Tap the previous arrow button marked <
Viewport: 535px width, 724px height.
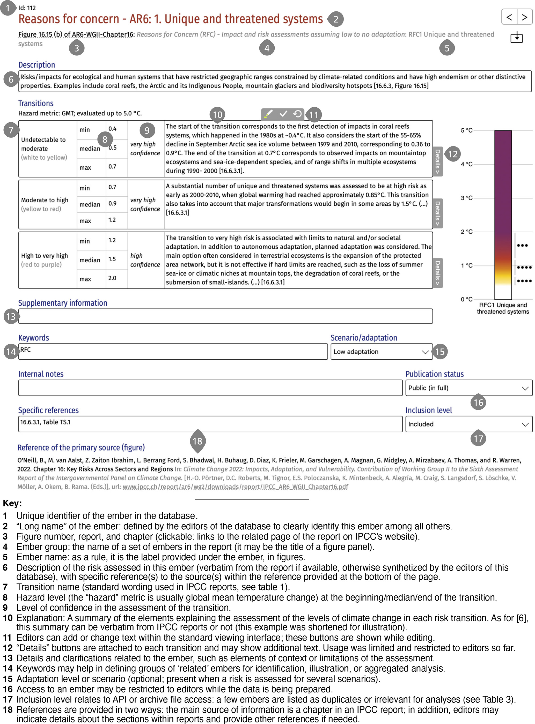[x=509, y=17]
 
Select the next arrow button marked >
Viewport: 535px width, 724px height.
[x=524, y=17]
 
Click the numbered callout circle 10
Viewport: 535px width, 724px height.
[x=217, y=114]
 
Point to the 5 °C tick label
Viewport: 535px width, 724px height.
[x=466, y=130]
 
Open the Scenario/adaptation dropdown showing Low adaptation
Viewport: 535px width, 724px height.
[x=381, y=352]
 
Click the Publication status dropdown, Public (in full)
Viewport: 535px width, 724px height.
[x=468, y=388]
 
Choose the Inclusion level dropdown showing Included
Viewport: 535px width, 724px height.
[x=468, y=424]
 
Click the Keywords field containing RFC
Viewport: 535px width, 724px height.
[x=173, y=352]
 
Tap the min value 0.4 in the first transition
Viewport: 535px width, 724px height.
[x=112, y=129]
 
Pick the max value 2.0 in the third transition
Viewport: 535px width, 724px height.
[x=112, y=278]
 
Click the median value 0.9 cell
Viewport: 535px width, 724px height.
[x=112, y=204]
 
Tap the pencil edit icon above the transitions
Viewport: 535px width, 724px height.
[x=268, y=114]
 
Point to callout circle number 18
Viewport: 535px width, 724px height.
[x=197, y=441]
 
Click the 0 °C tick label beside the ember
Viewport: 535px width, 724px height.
[x=466, y=299]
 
